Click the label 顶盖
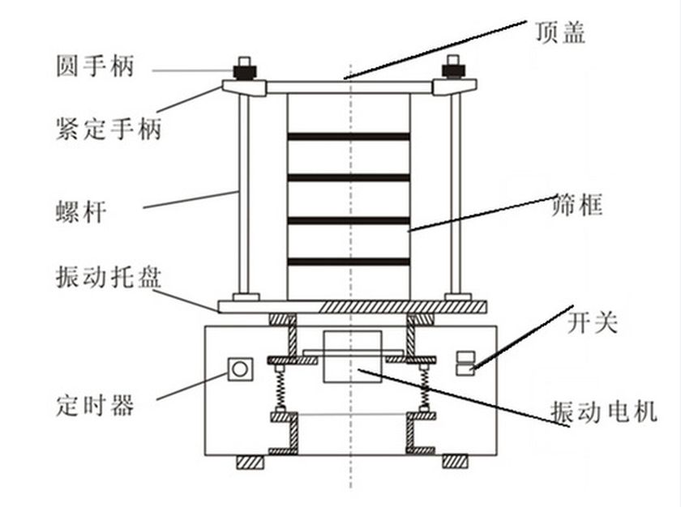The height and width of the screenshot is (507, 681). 559,32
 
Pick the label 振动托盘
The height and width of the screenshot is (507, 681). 109,279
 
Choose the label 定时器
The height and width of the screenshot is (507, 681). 95,403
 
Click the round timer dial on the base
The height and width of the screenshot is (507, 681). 239,369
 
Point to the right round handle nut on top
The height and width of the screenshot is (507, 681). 452,69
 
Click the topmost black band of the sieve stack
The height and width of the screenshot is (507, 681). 348,136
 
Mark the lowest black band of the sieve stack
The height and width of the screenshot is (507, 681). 348,262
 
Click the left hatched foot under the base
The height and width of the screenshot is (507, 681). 249,462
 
